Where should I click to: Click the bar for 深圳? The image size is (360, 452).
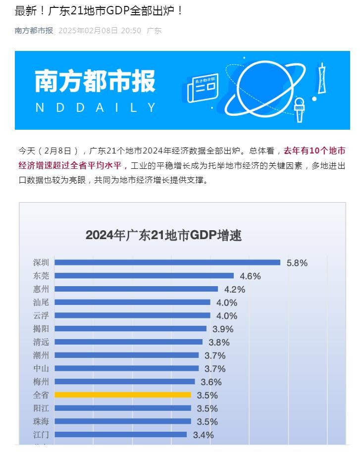(167, 262)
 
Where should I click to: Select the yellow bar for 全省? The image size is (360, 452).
(122, 395)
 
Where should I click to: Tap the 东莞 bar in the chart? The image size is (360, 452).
(144, 276)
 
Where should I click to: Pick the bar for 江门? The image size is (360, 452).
(120, 435)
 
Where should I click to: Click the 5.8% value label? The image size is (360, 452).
(297, 263)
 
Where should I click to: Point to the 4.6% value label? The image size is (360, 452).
(250, 276)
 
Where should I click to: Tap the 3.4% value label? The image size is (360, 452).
(203, 435)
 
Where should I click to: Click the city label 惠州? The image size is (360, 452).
(41, 289)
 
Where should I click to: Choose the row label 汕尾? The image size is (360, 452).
(41, 302)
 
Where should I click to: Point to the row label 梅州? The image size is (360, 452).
(41, 382)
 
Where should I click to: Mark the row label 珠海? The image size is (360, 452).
(41, 421)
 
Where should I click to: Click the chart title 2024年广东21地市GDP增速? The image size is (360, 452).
(163, 235)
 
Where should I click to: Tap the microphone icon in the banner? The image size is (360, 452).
(299, 108)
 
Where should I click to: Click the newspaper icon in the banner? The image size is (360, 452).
(203, 89)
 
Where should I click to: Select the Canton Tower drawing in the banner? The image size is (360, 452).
(322, 79)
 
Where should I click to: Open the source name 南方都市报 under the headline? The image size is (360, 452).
(34, 31)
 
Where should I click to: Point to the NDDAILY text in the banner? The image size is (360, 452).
(96, 107)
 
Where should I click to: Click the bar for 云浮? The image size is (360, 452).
(132, 315)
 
